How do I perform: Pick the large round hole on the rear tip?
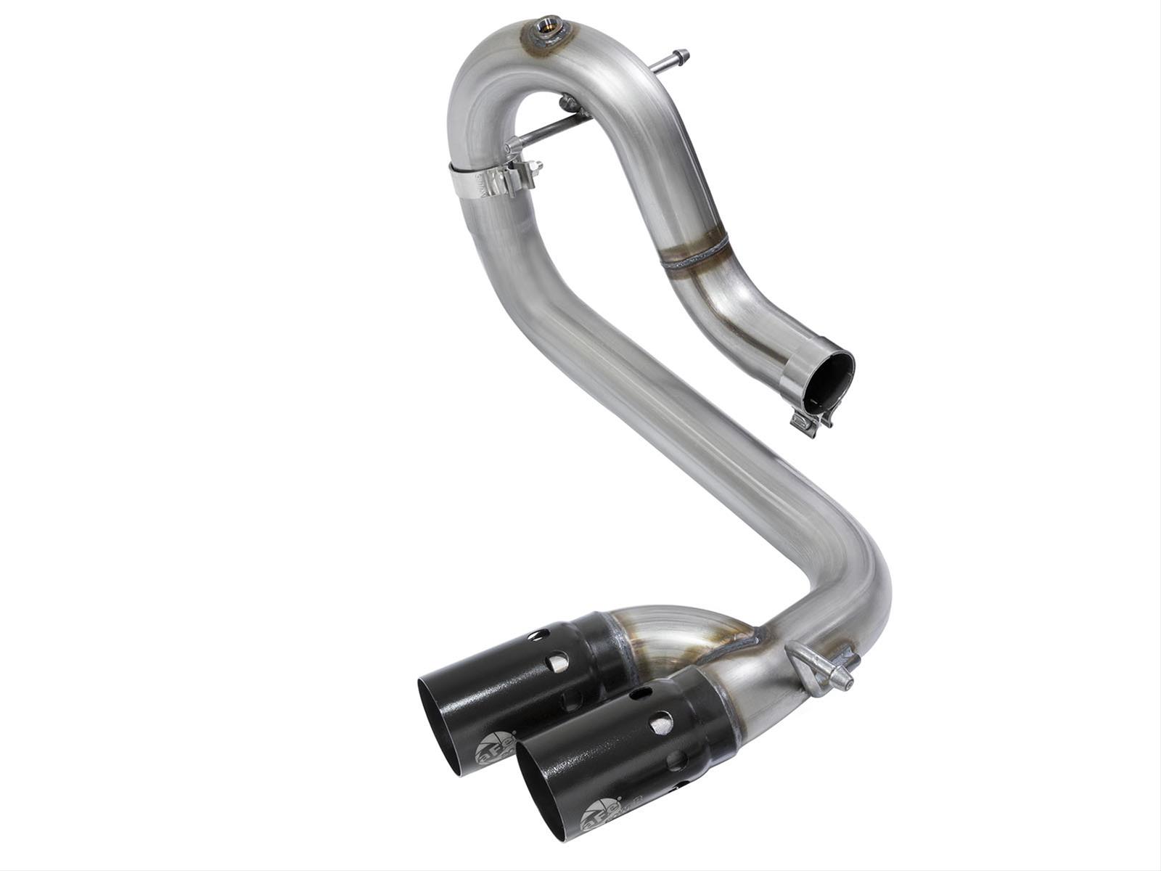point(559,661)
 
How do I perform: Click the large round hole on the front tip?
point(661,723)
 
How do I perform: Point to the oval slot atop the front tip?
point(641,694)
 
